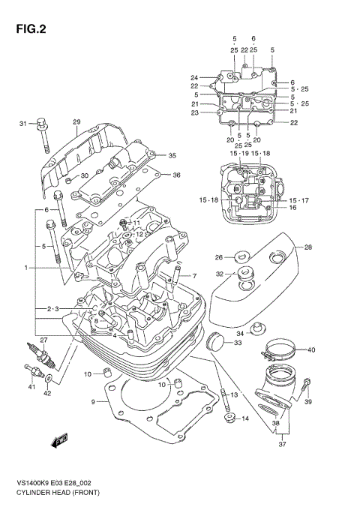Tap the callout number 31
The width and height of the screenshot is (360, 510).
click(x=22, y=123)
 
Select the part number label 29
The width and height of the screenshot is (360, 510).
click(x=76, y=121)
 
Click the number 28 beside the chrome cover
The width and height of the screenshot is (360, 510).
click(x=307, y=247)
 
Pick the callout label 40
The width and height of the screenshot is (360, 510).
click(x=310, y=349)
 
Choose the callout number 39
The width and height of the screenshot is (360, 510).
click(x=307, y=402)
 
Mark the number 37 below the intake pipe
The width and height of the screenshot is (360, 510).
click(x=283, y=443)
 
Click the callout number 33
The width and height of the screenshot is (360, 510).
click(x=238, y=343)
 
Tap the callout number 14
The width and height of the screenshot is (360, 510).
click(x=244, y=418)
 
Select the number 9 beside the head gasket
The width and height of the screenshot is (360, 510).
click(x=94, y=402)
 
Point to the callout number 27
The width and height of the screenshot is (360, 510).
click(x=43, y=340)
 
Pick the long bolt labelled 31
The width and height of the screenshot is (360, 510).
click(x=43, y=139)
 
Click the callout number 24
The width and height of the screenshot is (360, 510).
click(x=193, y=78)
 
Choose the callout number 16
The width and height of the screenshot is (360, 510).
click(x=293, y=208)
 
